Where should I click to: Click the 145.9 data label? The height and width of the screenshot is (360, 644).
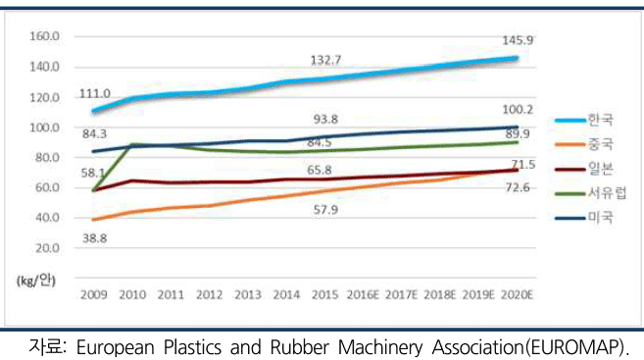pos(518,40)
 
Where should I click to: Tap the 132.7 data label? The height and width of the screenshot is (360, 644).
pos(325,61)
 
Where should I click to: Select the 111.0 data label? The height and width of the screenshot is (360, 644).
pos(94,94)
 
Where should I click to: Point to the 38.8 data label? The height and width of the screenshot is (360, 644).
pos(95,238)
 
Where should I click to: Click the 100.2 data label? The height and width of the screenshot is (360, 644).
pos(518,109)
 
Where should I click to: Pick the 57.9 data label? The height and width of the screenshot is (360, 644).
pos(325,210)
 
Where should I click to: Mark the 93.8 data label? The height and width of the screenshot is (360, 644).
pos(325,119)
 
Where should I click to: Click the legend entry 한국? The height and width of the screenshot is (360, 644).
pos(584,120)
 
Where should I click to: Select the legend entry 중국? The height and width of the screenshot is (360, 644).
pos(584,144)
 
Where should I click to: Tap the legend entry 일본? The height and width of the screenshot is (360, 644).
pos(584,169)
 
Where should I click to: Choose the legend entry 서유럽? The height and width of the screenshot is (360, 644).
pos(591,192)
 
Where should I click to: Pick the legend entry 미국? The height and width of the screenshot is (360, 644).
pos(584,218)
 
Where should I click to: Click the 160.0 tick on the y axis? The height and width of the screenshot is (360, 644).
pos(45,36)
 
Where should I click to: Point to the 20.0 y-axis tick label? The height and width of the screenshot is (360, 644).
pos(48,248)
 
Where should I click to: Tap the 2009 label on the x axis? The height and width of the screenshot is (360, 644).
pos(94,294)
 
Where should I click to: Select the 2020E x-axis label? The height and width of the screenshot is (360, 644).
pos(517,294)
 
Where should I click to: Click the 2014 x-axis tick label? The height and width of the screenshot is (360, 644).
pos(286,294)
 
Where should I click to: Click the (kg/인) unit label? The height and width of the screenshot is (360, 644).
pos(36,281)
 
